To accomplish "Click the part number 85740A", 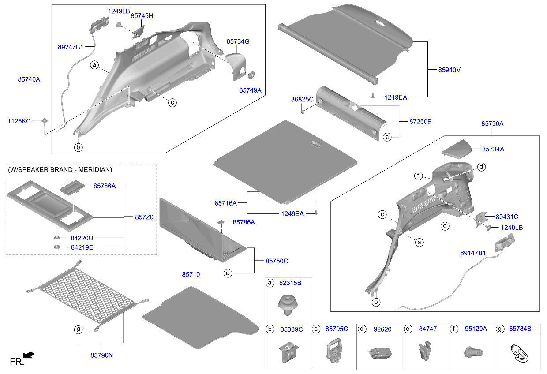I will click(29, 79).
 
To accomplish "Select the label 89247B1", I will click(71, 46).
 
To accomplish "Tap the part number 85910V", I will click(449, 70).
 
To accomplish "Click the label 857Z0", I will click(144, 217).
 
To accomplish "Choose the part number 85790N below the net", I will click(102, 354).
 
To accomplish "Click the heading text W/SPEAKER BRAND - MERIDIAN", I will click(60, 170).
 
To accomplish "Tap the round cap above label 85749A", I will click(252, 75).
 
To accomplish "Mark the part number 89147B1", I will click(472, 253).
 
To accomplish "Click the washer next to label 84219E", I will click(57, 247).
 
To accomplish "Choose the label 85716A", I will click(225, 203).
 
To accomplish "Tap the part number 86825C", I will click(302, 100).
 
